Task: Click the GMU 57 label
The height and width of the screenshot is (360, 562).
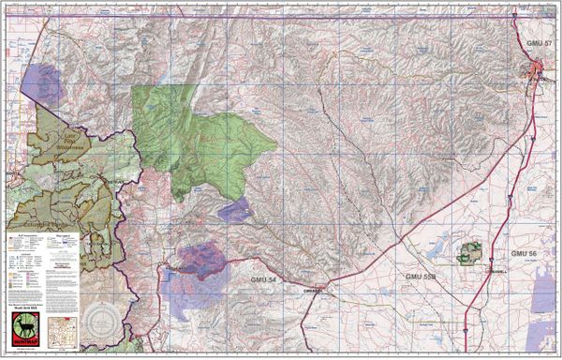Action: pos(536,44)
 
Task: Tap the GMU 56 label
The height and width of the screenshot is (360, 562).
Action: pos(525,254)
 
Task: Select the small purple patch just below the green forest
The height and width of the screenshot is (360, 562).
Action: pos(235,209)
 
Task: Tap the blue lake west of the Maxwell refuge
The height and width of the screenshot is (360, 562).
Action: pos(436,248)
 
